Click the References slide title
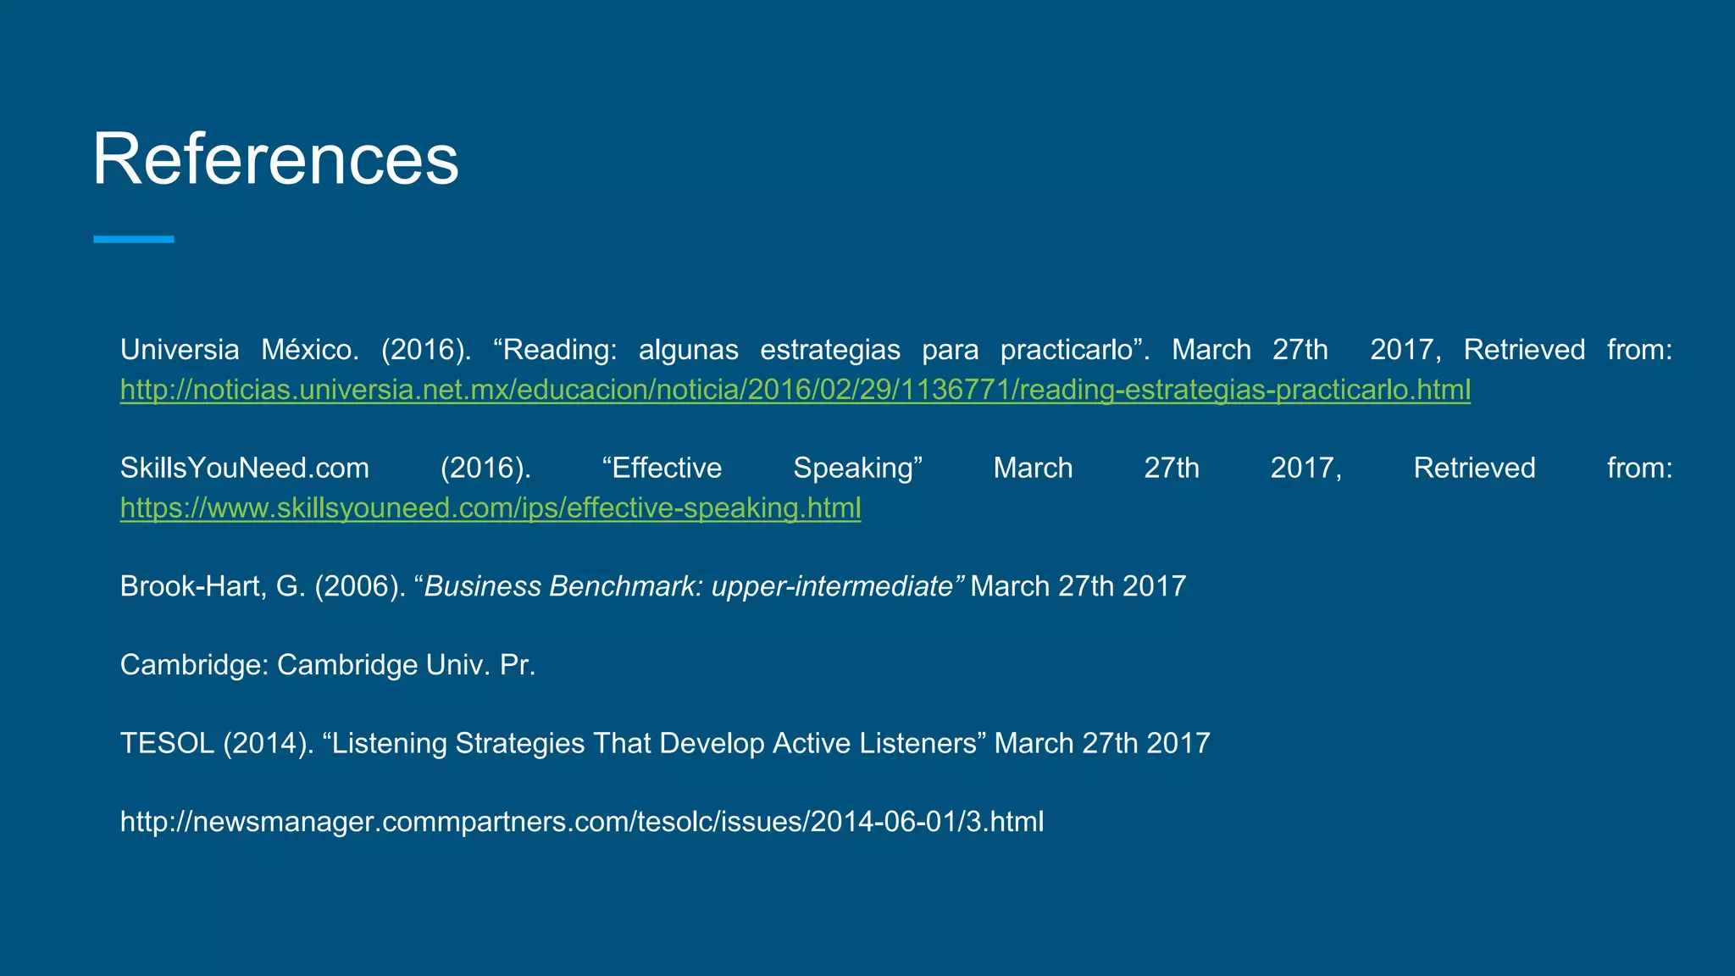pyautogui.click(x=275, y=159)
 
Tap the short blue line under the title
pyautogui.click(x=134, y=240)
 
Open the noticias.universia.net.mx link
pyautogui.click(x=795, y=390)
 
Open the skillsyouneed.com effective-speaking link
pyautogui.click(x=491, y=508)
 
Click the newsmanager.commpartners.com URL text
pyautogui.click(x=582, y=822)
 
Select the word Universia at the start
pyautogui.click(x=180, y=350)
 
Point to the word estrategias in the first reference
pyautogui.click(x=830, y=350)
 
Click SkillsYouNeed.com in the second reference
pyautogui.click(x=245, y=469)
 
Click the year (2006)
pyautogui.click(x=360, y=586)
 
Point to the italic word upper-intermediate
pyautogui.click(x=832, y=586)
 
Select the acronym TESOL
pyautogui.click(x=167, y=743)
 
